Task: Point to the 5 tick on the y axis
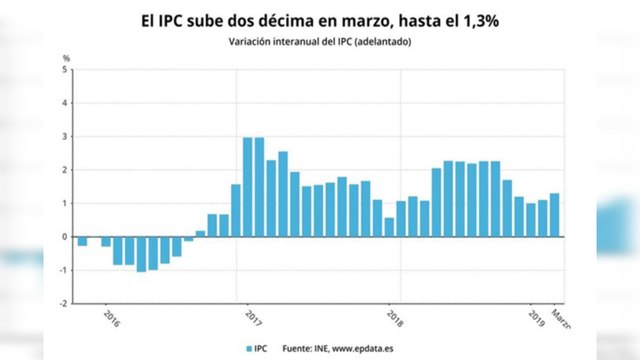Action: tap(66, 70)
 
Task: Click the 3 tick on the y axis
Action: tap(66, 137)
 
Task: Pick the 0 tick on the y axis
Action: tap(66, 237)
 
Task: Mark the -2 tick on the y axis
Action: tap(64, 303)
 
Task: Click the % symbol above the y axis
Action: tap(66, 59)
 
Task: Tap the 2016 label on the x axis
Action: tap(110, 319)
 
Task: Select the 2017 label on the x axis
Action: tap(251, 319)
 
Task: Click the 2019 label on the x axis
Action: tap(535, 319)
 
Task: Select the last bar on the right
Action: tap(555, 215)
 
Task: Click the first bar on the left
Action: tap(82, 241)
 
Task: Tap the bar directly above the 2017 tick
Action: tap(248, 187)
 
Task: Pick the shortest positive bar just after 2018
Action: tap(389, 227)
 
